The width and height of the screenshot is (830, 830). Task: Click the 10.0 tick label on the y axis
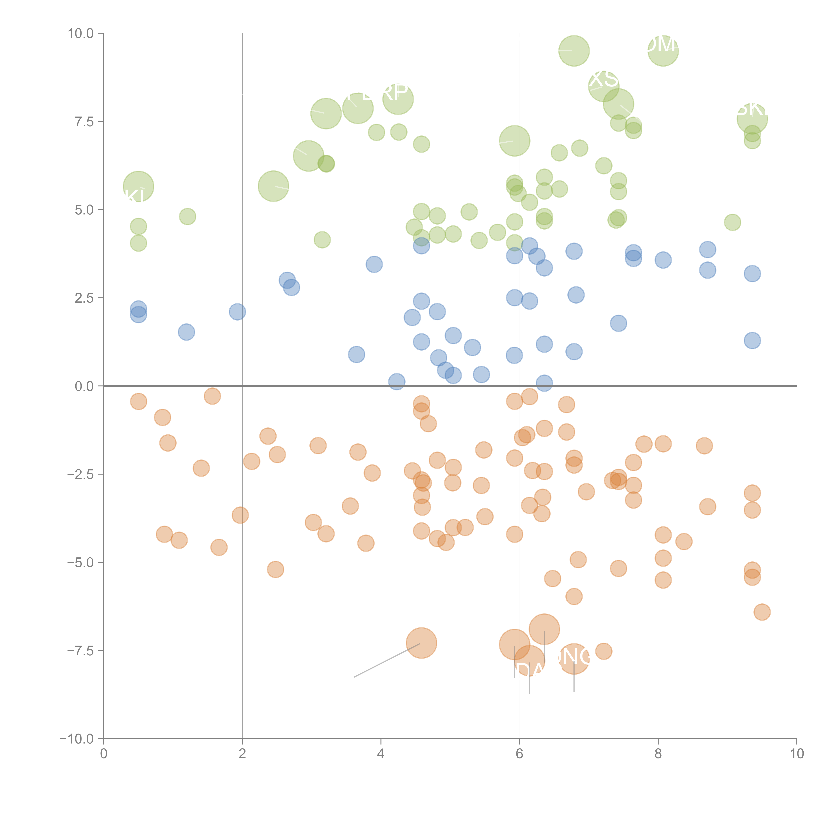point(81,34)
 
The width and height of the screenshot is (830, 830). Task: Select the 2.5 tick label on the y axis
point(84,298)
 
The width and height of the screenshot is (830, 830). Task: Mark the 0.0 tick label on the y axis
point(84,386)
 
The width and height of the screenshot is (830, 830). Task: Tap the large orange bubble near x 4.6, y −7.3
point(421,643)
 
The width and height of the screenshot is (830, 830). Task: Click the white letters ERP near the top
point(384,91)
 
